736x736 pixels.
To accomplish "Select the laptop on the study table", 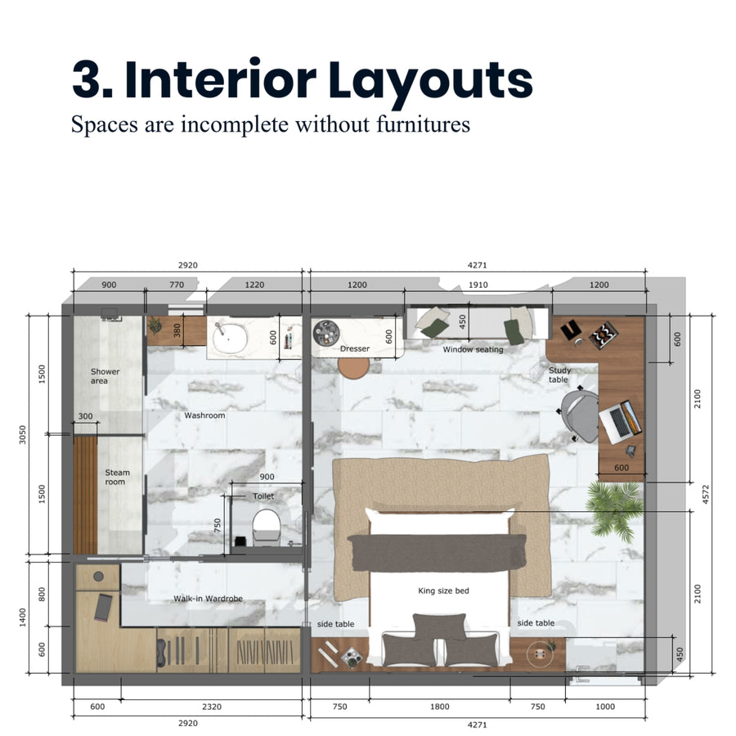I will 619,420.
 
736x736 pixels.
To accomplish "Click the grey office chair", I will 580,414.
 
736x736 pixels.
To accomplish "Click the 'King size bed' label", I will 443,590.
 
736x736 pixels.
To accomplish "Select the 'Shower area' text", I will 105,376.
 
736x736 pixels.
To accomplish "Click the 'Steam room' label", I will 117,478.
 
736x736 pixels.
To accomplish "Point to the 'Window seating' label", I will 473,349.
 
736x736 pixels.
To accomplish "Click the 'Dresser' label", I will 355,348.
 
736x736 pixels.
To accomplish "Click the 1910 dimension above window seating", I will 477,285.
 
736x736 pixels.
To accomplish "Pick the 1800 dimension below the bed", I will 439,707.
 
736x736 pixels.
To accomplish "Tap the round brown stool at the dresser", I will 354,367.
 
